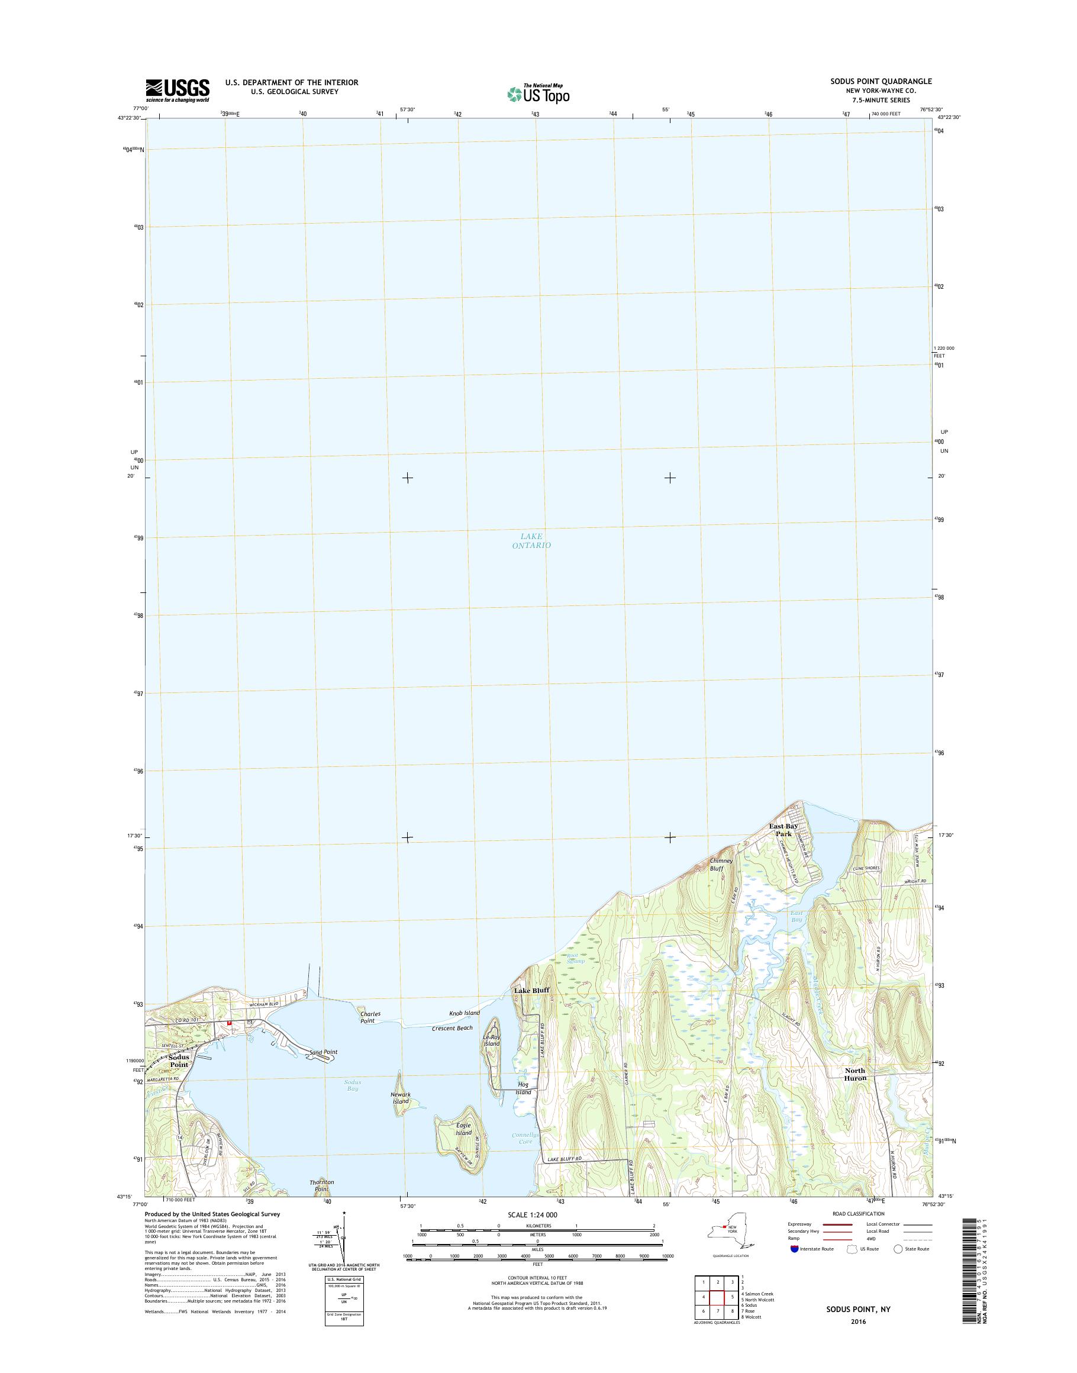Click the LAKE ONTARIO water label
coord(531,540)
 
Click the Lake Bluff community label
coord(531,1008)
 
